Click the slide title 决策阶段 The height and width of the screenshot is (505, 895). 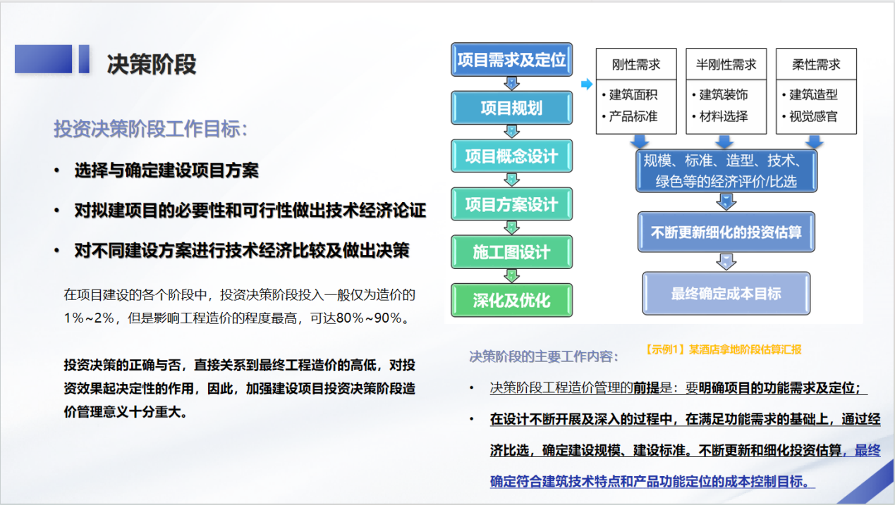point(152,64)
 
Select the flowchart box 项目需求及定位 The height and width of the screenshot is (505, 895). point(511,59)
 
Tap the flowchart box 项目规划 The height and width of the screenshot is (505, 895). point(511,108)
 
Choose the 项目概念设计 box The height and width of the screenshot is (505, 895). point(511,156)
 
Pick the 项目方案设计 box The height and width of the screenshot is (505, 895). point(511,204)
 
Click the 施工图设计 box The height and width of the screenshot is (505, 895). point(511,252)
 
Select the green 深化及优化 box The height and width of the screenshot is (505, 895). point(511,300)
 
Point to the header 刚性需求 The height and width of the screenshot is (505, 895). point(636,64)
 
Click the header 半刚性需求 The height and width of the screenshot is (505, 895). point(726,64)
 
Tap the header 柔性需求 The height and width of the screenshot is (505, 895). point(816,64)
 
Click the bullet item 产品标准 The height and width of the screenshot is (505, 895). point(633,116)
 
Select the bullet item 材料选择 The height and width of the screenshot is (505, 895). point(723,116)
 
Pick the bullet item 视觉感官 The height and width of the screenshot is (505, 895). point(813,116)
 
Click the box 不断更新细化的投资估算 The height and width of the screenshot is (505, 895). point(726,232)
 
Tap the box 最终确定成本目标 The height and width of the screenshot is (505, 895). point(726,294)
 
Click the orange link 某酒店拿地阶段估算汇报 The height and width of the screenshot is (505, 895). point(745,349)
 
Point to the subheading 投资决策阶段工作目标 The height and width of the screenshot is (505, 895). point(151,129)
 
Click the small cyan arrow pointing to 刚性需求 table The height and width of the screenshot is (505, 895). point(587,85)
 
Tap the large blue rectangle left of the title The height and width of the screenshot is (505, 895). point(43,59)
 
